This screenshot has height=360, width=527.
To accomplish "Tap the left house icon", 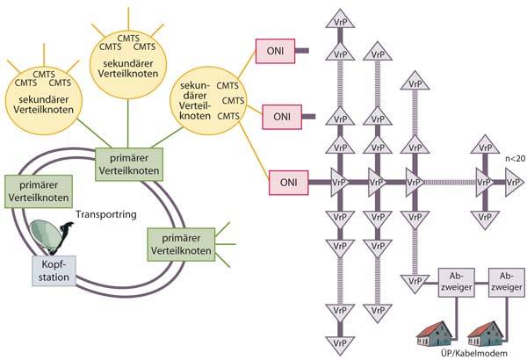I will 437,328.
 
